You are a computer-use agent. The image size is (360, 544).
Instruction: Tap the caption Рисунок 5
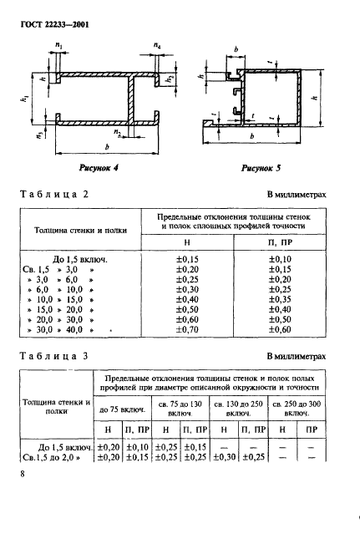pyautogui.click(x=259, y=167)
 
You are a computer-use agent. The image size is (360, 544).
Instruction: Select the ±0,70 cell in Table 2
pyautogui.click(x=189, y=331)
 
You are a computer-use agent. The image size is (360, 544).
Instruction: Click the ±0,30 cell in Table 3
pyautogui.click(x=224, y=457)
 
